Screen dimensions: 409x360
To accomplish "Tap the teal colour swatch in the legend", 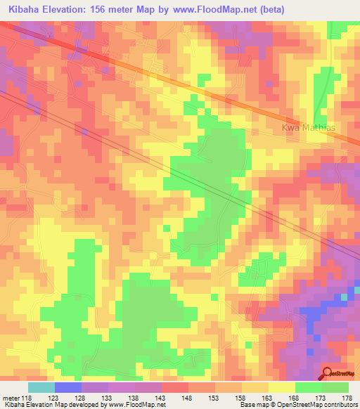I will [41, 387].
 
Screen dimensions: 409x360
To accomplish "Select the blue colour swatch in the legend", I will [68, 387].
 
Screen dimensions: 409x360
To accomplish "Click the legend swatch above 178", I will [335, 387].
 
